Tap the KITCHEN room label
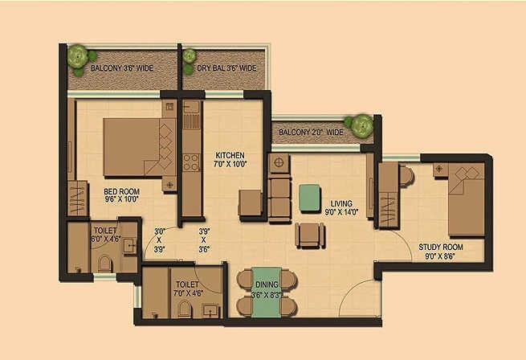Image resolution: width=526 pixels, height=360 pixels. [x=230, y=155]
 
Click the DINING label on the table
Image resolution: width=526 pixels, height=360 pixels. [x=267, y=284]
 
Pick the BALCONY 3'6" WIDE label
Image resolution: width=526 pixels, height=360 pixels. [x=122, y=69]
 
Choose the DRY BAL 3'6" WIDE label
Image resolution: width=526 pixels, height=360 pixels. [x=227, y=69]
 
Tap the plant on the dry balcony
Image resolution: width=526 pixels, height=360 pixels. [x=190, y=56]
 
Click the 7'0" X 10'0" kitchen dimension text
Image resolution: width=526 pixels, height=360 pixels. [x=230, y=164]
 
